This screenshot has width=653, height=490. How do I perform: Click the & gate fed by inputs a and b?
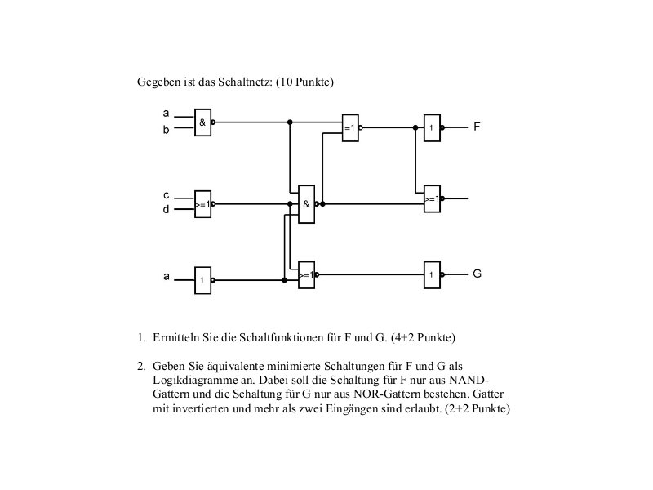click(x=202, y=122)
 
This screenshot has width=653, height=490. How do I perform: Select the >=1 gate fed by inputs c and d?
click(x=202, y=204)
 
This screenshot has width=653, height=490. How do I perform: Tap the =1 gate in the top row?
click(x=350, y=128)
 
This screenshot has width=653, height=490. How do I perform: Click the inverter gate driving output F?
click(x=432, y=128)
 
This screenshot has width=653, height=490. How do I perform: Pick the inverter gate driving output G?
click(x=432, y=275)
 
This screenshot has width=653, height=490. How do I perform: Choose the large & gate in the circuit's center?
click(x=307, y=204)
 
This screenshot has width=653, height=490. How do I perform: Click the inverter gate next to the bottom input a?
click(x=202, y=280)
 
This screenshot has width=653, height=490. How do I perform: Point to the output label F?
click(x=477, y=127)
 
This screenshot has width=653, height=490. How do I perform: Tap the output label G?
click(x=478, y=274)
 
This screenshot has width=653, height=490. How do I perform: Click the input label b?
click(x=167, y=130)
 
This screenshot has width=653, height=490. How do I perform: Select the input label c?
click(x=167, y=195)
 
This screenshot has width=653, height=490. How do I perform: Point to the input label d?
click(x=167, y=209)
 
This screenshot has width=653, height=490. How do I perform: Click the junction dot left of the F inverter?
click(x=415, y=127)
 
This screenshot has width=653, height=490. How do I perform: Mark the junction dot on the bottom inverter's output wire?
click(x=284, y=280)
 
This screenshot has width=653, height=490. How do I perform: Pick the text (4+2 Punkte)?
click(x=423, y=337)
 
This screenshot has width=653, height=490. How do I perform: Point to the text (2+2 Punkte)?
click(x=478, y=409)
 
